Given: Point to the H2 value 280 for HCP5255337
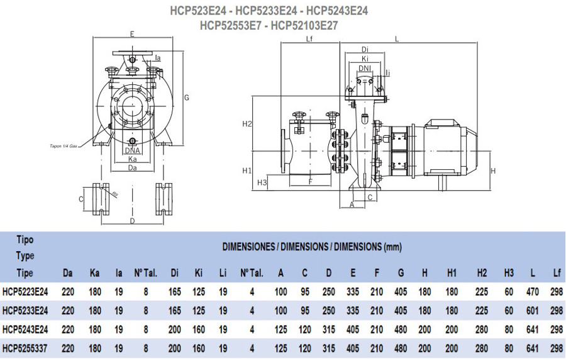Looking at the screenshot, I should tap(482, 349).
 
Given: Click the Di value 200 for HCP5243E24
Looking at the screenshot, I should tap(175, 330).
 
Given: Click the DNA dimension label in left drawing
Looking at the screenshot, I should tap(132, 150).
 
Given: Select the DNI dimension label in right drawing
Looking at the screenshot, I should tap(365, 68).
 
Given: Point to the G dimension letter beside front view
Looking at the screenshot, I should tap(187, 98).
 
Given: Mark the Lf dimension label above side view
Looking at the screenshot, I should tap(309, 39).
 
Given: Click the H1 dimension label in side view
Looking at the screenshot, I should tap(247, 170).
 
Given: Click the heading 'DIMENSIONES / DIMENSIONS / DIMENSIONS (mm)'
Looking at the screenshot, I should tap(312, 247).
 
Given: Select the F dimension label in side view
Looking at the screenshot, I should tap(310, 181).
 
